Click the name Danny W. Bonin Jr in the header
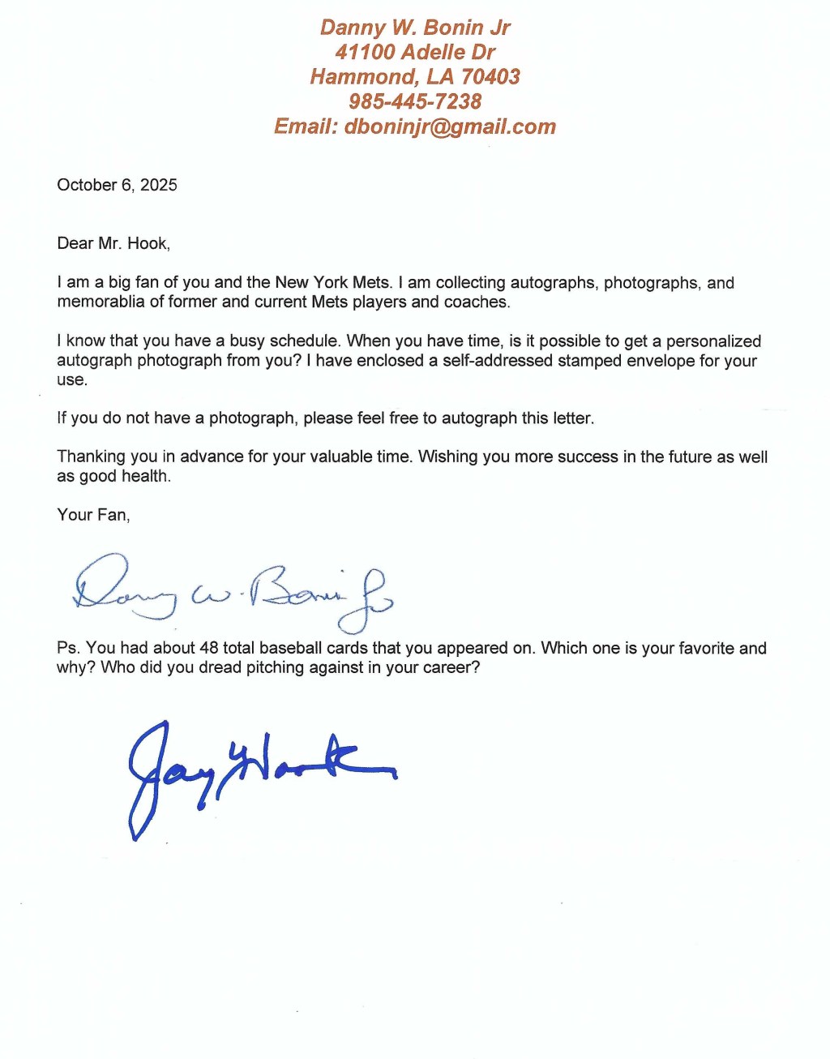coord(415,28)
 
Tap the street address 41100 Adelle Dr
coord(415,53)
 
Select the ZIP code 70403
coord(490,77)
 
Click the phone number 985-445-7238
coord(415,102)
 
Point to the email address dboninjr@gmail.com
coord(450,127)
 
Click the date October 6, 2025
coord(117,185)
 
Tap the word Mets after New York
coord(372,283)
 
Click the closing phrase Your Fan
coord(92,515)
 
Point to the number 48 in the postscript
coord(209,648)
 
